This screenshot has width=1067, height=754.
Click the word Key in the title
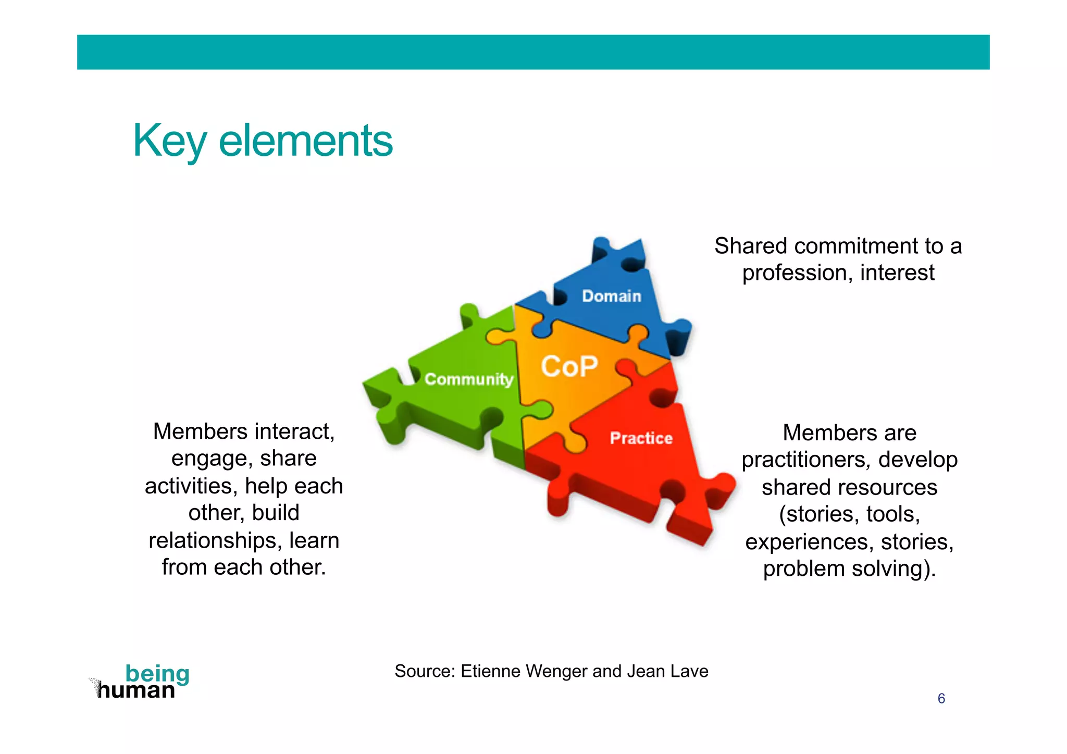point(169,141)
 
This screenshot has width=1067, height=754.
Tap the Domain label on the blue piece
point(611,296)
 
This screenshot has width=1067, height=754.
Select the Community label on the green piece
point(468,379)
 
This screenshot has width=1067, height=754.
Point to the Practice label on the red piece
point(641,438)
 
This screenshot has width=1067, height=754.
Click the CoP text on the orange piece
point(569,366)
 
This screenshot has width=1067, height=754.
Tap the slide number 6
point(941,698)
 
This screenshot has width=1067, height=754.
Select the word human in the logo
point(137,690)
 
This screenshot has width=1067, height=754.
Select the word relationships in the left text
point(215,540)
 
